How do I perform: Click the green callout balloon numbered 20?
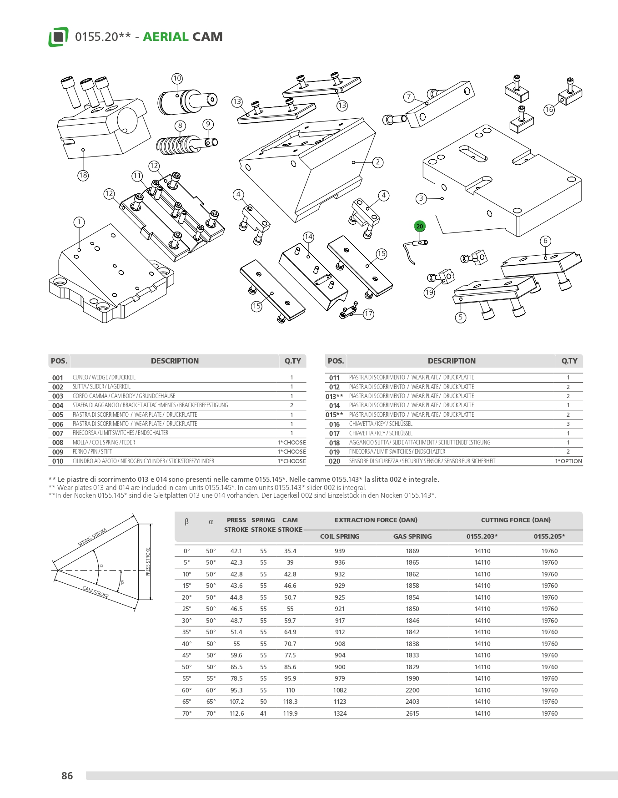click(x=419, y=226)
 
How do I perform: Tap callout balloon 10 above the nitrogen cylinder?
click(x=177, y=78)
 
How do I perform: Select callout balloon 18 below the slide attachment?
click(x=83, y=175)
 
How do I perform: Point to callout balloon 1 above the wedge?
click(x=79, y=222)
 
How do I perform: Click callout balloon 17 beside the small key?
click(x=368, y=314)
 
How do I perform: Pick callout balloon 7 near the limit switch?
click(x=409, y=96)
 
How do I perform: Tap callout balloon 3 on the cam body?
click(x=421, y=198)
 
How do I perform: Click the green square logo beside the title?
click(x=58, y=37)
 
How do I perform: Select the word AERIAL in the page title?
click(x=166, y=37)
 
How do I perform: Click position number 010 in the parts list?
click(x=58, y=461)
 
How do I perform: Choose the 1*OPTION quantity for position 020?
click(x=568, y=461)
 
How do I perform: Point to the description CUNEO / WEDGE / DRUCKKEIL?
click(x=104, y=378)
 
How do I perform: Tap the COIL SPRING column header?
click(x=340, y=536)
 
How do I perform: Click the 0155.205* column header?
click(x=549, y=536)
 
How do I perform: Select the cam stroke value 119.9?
click(x=290, y=713)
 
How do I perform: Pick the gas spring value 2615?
click(x=412, y=713)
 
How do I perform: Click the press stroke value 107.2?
click(x=236, y=702)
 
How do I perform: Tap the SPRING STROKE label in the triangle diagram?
click(x=92, y=537)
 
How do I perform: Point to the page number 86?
click(x=67, y=776)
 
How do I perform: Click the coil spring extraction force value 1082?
click(x=340, y=690)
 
